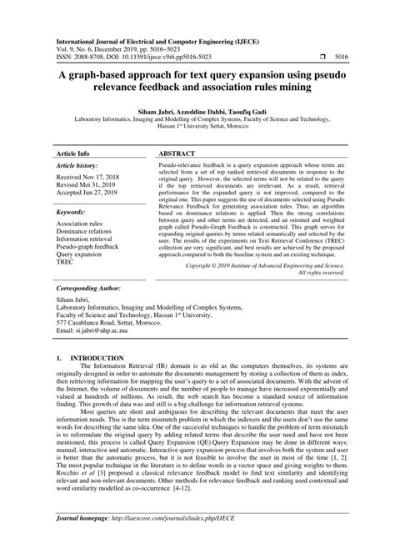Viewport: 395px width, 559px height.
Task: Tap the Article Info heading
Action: coord(74,132)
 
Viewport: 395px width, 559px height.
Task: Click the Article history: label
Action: coord(77,143)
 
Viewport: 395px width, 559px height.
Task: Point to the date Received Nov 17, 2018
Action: coord(89,155)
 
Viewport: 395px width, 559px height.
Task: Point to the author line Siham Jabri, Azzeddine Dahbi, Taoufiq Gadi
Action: coord(197,109)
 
